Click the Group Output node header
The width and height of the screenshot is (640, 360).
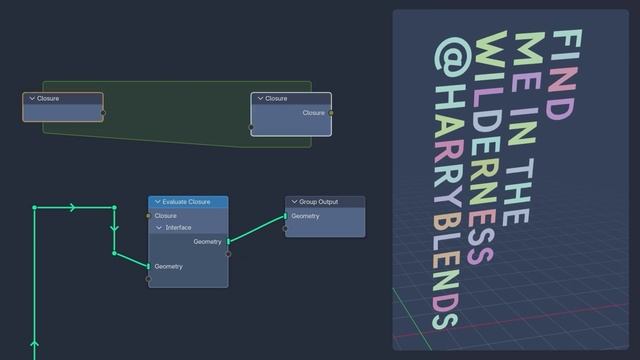(322, 202)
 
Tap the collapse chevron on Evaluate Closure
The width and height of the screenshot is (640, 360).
(157, 202)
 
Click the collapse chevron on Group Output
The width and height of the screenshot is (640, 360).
(294, 202)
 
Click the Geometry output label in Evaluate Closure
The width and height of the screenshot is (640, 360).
(207, 241)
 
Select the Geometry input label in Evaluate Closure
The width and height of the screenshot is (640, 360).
(169, 266)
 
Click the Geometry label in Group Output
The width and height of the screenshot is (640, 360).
(306, 216)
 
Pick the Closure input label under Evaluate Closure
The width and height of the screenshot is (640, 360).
(166, 216)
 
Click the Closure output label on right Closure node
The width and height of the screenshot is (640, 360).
(313, 113)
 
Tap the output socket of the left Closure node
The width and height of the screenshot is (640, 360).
(103, 113)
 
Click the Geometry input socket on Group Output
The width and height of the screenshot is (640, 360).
(285, 216)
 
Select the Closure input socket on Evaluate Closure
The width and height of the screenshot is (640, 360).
(148, 216)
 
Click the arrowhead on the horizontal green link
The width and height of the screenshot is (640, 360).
(72, 207)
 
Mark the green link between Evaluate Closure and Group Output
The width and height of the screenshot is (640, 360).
(257, 229)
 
